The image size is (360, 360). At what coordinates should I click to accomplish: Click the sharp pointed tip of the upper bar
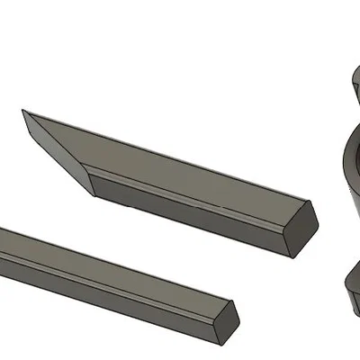[23, 111]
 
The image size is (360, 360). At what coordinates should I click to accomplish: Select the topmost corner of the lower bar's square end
[233, 300]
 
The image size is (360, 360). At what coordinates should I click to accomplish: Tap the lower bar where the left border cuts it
[2, 247]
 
